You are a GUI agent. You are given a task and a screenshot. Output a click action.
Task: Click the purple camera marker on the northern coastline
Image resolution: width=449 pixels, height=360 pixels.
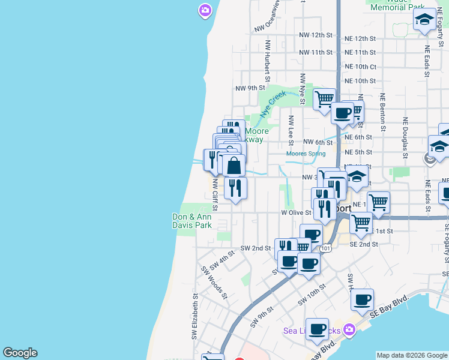coord(205,10)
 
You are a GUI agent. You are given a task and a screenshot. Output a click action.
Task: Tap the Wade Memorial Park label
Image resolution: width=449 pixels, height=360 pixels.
coord(398,5)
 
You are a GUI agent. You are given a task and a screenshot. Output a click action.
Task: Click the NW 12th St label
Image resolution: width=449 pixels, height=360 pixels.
coord(316,35)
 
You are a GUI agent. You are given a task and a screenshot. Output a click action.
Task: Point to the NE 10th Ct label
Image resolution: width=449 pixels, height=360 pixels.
coord(360,67)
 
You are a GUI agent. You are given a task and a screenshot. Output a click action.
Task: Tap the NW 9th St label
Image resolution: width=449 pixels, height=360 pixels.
coord(250,88)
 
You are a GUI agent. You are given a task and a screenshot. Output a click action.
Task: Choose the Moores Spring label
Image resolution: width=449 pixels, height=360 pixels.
coord(306,154)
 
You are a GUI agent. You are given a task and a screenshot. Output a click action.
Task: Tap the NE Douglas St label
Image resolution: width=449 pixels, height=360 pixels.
coord(406,134)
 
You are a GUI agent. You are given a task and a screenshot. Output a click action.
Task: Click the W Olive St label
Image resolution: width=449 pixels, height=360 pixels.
coord(297,212)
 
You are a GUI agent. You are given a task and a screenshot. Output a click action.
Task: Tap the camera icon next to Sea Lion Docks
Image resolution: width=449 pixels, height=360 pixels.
coord(351,329)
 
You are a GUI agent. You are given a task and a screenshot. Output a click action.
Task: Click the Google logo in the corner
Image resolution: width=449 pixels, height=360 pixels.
coord(20,353)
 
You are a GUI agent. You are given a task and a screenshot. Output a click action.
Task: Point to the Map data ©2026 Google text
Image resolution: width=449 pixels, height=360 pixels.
coord(411,355)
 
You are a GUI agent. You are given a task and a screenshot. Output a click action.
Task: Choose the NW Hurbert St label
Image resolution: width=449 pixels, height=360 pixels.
coord(268,61)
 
